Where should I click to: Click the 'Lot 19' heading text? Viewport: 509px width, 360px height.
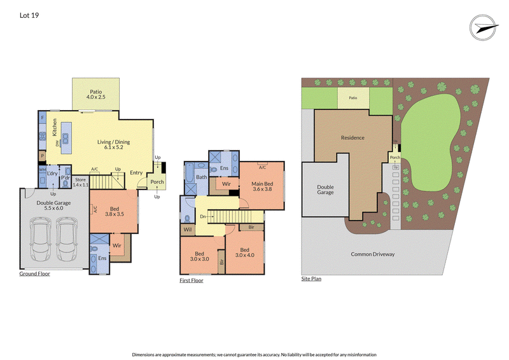coord(29,15)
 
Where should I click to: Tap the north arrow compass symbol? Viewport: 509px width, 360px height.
coord(484,27)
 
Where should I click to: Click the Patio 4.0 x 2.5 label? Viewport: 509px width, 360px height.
coord(96,94)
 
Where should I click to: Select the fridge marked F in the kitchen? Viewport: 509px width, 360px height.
coord(43,118)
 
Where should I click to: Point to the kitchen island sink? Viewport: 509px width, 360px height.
coord(66,139)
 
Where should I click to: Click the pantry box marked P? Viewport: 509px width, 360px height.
coord(42,156)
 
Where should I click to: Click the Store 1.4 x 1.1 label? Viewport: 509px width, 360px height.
coord(81,182)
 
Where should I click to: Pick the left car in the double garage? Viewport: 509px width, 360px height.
coord(40,239)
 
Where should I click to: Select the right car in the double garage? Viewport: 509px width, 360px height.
coord(67,239)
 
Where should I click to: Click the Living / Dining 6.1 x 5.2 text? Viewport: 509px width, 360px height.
coord(114,144)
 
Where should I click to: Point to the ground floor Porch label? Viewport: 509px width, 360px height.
coord(157,182)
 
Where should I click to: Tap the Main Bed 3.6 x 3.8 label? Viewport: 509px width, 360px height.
coord(262,186)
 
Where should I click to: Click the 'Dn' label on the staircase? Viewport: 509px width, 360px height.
coord(203,216)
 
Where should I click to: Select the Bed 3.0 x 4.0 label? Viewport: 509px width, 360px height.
coord(245,253)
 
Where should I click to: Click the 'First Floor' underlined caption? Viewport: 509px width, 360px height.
coord(192,280)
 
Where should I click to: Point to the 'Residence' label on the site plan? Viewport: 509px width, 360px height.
coord(352,137)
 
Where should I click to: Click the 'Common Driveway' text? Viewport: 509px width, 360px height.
coord(373,254)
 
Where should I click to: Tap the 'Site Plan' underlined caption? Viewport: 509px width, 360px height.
coord(311,279)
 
